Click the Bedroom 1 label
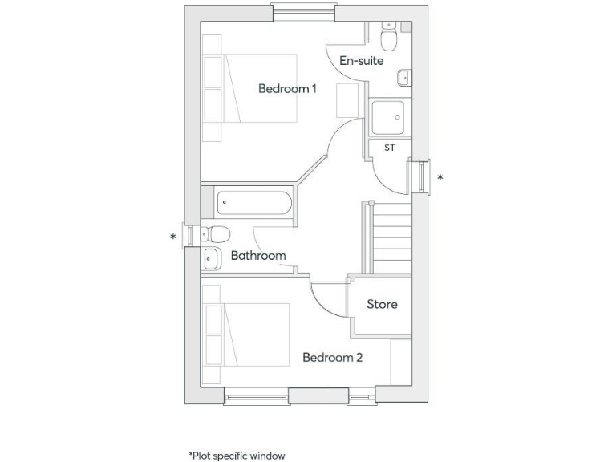287,89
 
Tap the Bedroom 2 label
332,357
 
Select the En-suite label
361,60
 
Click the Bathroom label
258,256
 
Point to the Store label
382,305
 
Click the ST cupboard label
390,148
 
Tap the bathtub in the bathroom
253,202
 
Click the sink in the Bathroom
212,258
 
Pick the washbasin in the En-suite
403,78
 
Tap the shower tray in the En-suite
390,118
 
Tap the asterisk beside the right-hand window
440,177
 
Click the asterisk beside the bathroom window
172,237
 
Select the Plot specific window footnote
237,455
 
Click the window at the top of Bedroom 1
302,11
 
